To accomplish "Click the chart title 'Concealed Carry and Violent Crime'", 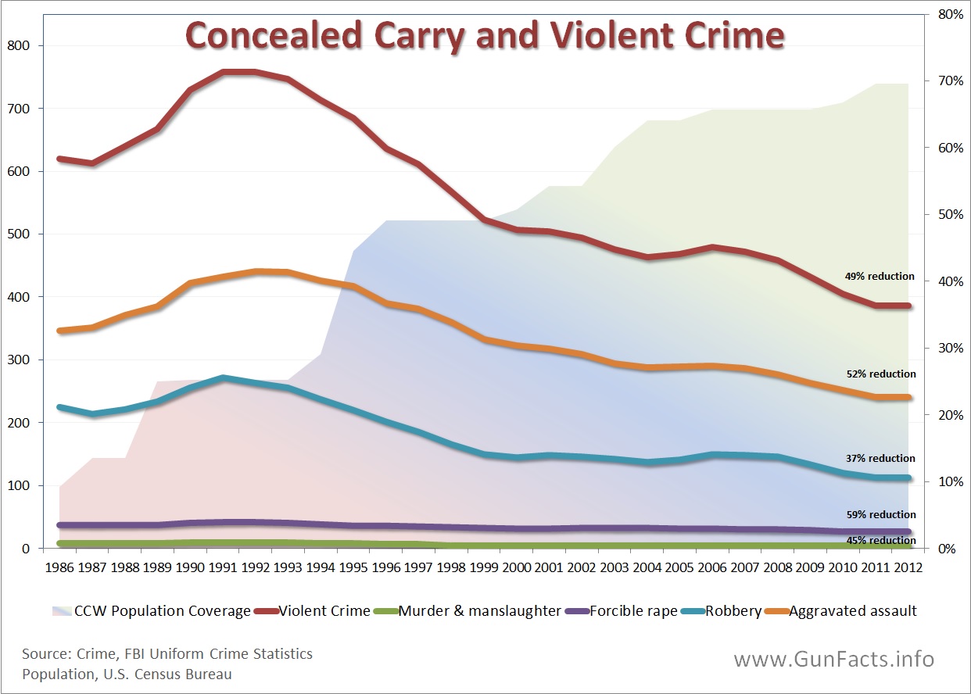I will [485, 36].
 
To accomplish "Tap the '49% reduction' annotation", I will [880, 276].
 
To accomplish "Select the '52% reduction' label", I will [881, 374].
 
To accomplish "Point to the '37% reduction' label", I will [880, 458].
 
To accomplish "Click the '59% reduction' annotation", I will [881, 514].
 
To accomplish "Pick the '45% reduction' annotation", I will [881, 540].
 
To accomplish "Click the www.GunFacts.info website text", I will [833, 659].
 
